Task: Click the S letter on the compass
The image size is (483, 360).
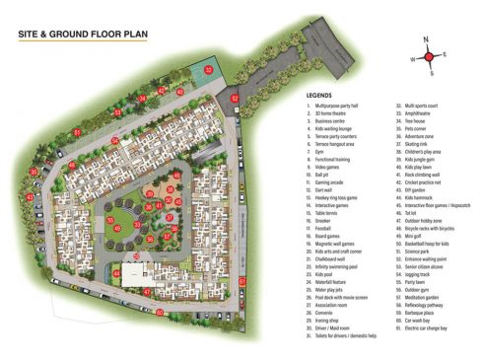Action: click(x=431, y=72)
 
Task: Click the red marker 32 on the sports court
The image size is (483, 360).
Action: click(x=209, y=69)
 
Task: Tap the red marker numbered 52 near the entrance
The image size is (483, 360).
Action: click(x=234, y=99)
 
